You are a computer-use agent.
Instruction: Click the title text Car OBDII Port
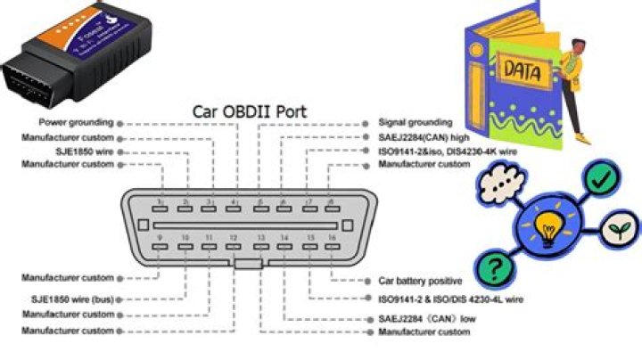[x=250, y=112]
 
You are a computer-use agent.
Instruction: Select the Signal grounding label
[x=415, y=122]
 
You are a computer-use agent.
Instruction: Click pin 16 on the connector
[x=333, y=246]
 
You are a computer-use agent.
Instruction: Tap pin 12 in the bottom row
[x=234, y=246]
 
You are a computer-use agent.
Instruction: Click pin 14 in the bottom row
[x=284, y=246]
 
